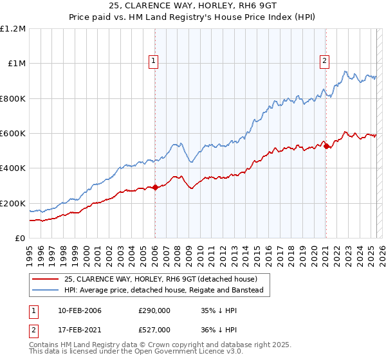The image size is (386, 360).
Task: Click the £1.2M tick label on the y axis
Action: coord(13,29)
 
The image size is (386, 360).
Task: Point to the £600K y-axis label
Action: coord(13,134)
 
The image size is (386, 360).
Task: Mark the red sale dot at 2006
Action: coord(155,188)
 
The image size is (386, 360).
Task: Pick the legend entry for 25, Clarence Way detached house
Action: coord(160,279)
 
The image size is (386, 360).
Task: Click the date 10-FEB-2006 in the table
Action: coord(79,310)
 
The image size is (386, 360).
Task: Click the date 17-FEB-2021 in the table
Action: coord(79,330)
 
